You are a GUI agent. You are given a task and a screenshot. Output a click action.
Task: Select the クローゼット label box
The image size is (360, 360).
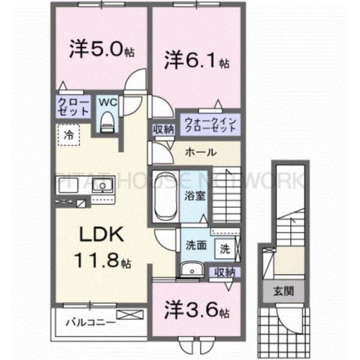73,107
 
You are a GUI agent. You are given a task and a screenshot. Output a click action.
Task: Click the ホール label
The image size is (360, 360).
200,152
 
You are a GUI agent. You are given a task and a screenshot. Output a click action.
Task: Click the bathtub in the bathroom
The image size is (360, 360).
164,197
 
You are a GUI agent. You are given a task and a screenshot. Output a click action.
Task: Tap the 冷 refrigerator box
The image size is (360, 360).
68,134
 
